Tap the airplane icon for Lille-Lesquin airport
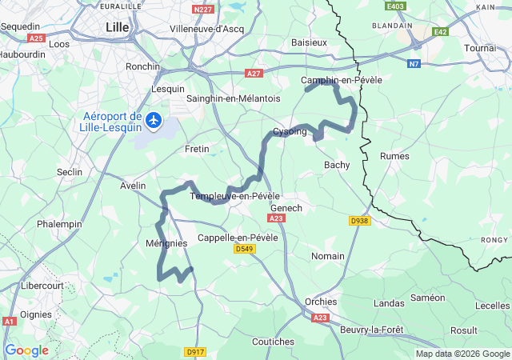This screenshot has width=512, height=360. pos(152,122)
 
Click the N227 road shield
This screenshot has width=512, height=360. pos(204,10)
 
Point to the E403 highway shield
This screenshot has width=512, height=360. pos(394,6)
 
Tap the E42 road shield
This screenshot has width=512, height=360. pos(438,32)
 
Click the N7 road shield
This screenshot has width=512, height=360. pos(413,63)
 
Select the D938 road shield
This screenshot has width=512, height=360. pos(360,221)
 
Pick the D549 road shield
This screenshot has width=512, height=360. pos(245,250)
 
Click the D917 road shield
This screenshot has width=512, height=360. pos(195,351)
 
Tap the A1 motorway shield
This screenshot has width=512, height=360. pos(9,321)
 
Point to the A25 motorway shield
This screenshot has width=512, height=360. pos(36,38)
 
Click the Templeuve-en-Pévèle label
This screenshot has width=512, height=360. pos(234,196)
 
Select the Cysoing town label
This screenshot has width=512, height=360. pos(290,131)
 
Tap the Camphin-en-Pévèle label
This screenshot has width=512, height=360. pos(342,80)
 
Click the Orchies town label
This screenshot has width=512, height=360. pos(321,302)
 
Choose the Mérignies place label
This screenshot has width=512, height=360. pos(166,243)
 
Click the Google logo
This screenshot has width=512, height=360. pos(26,350)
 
